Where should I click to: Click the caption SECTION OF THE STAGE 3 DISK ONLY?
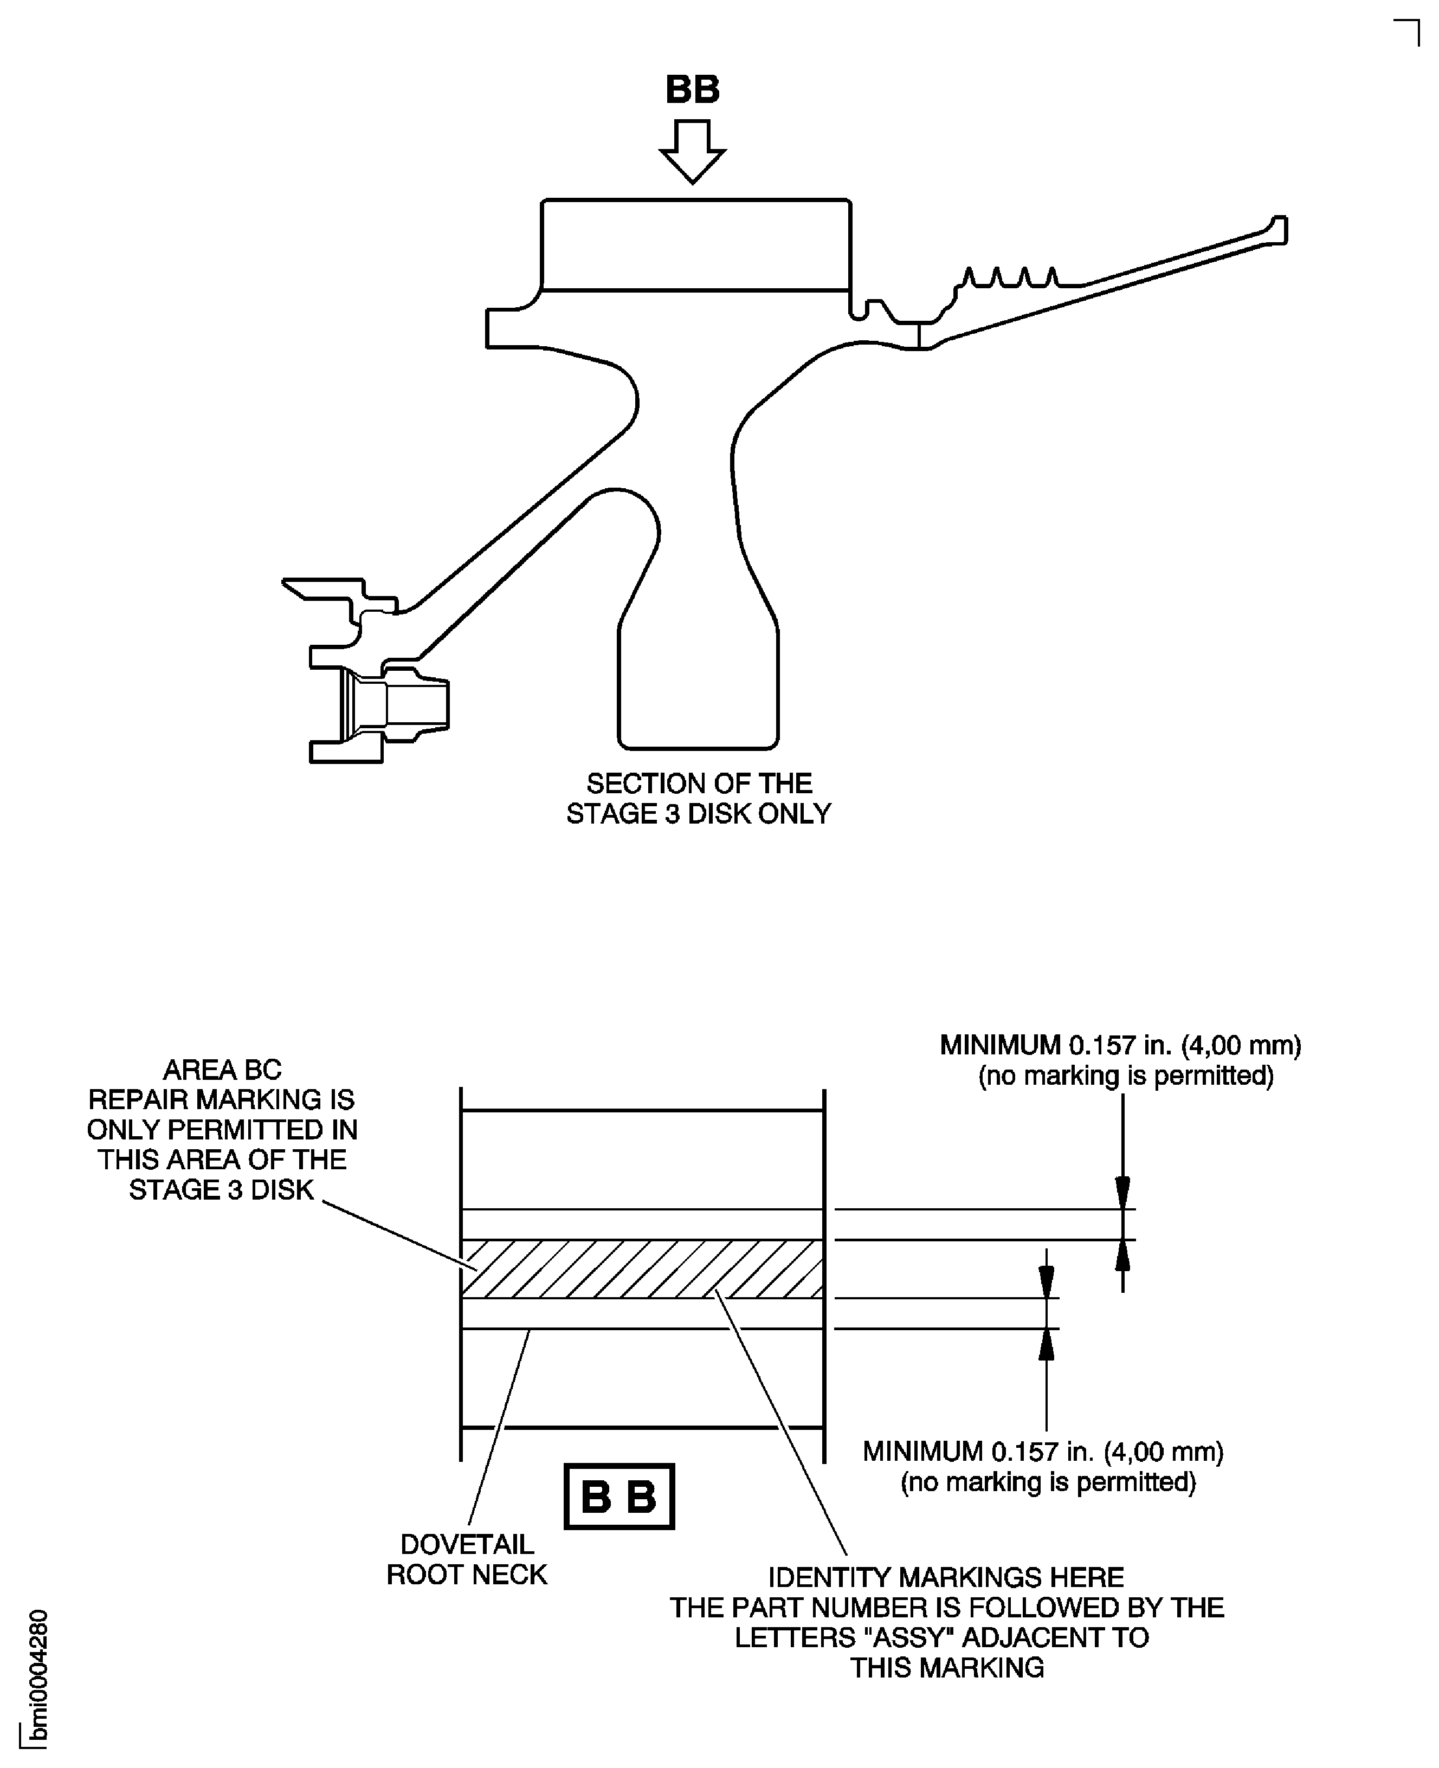pyautogui.click(x=698, y=799)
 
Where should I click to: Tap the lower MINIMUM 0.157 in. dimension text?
pyautogui.click(x=1043, y=1452)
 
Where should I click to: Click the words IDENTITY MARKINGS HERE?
pyautogui.click(x=946, y=1577)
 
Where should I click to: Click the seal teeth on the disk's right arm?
pyautogui.click(x=1010, y=277)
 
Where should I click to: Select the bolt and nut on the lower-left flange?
pyautogui.click(x=396, y=705)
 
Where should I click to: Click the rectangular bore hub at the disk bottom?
pyautogui.click(x=698, y=688)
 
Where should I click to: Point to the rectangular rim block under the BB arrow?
pyautogui.click(x=695, y=245)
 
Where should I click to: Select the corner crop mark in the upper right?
pyautogui.click(x=1408, y=31)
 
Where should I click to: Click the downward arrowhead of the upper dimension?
pyautogui.click(x=1122, y=1194)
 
